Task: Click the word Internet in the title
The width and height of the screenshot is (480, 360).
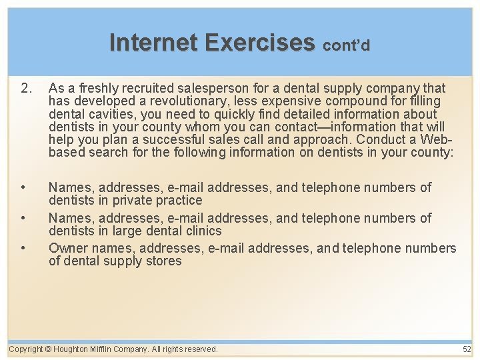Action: pyautogui.click(x=154, y=42)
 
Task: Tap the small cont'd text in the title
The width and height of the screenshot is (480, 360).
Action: pyautogui.click(x=346, y=45)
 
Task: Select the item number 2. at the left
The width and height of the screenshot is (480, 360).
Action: pyautogui.click(x=26, y=88)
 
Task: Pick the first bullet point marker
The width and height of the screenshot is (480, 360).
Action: pyautogui.click(x=23, y=187)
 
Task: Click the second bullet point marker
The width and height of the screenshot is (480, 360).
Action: pyautogui.click(x=23, y=218)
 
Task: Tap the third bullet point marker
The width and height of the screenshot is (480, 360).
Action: pyautogui.click(x=23, y=248)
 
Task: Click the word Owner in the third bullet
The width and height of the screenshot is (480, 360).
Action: pyautogui.click(x=67, y=248)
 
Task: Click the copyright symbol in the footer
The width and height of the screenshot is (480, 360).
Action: pyautogui.click(x=48, y=349)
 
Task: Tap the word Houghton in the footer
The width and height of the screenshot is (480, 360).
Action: pyautogui.click(x=71, y=349)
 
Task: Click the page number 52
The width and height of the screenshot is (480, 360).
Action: pyautogui.click(x=466, y=349)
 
